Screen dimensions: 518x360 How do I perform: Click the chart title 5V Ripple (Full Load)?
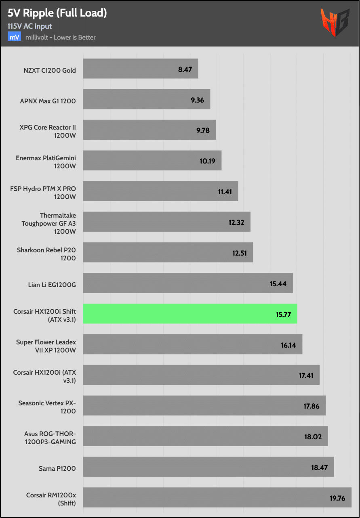tap(57, 13)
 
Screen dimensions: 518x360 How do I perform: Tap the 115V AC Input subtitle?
tap(29, 26)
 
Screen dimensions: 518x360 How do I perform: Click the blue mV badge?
tap(15, 37)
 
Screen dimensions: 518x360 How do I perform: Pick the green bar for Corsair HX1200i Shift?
tap(190, 314)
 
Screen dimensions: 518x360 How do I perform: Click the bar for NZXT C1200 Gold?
tap(140, 69)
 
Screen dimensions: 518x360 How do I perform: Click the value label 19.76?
tap(337, 498)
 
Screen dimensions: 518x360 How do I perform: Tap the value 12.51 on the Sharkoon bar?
tap(240, 253)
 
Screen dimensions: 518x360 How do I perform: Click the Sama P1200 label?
tap(58, 468)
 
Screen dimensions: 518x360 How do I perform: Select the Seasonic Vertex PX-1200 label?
tap(47, 407)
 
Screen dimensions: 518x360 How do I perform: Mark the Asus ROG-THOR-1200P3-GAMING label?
tap(50, 438)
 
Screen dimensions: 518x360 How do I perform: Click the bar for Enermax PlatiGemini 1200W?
tap(152, 161)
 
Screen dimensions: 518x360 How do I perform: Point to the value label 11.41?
tap(225, 192)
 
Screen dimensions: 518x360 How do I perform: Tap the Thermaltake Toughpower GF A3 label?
tap(49, 223)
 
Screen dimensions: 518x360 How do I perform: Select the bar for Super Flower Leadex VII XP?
tap(192, 344)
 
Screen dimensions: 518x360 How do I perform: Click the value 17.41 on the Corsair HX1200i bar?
tap(307, 375)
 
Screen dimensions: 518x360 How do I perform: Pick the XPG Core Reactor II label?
tap(48, 131)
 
